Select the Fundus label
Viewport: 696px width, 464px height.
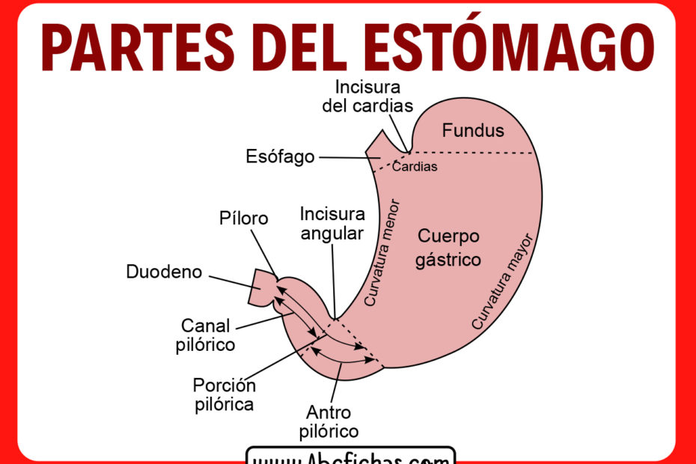tap(472, 131)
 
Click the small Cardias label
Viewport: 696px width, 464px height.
tap(415, 167)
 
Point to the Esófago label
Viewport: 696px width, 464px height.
tap(279, 157)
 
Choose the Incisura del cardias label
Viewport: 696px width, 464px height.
tap(367, 96)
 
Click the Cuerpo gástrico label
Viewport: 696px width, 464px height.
tap(448, 248)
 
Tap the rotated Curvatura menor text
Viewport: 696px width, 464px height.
tap(382, 253)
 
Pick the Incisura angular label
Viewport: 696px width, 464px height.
tap(332, 224)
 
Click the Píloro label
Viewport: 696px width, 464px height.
tap(244, 218)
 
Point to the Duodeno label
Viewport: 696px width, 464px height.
tap(164, 272)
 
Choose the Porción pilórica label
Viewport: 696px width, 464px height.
tap(224, 395)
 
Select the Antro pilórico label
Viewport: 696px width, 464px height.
tap(329, 422)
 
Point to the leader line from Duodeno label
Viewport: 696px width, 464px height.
tap(229, 281)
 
